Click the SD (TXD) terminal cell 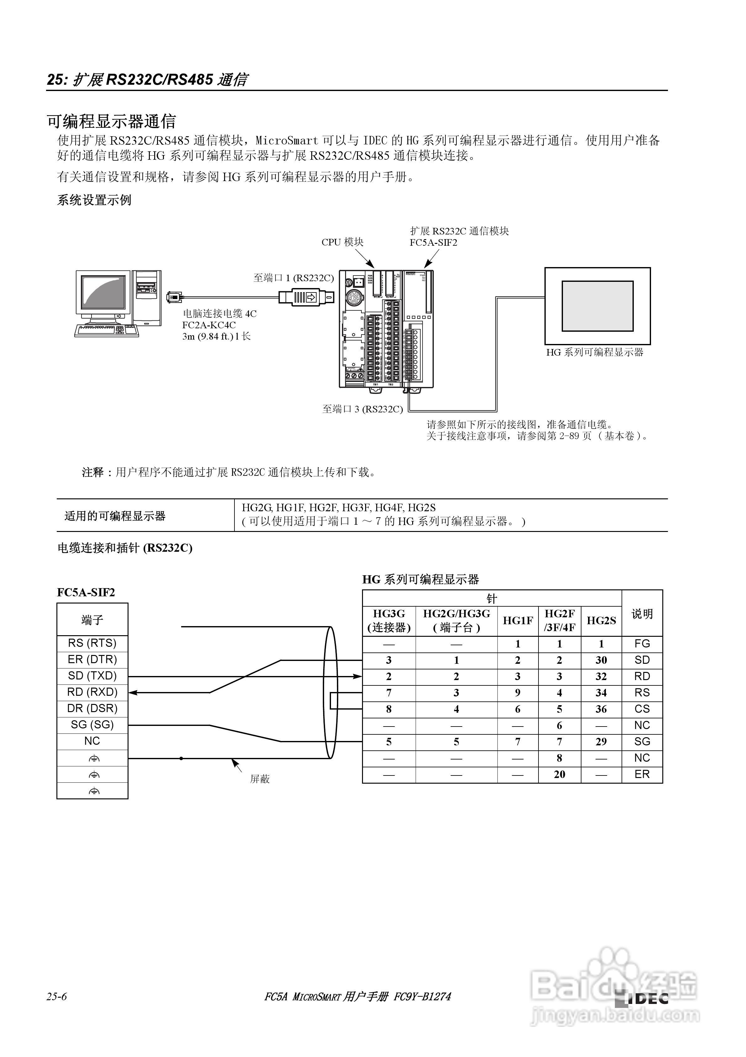pyautogui.click(x=92, y=676)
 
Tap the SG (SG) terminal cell pyautogui.click(x=92, y=725)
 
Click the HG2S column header pyautogui.click(x=601, y=620)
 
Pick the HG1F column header pyautogui.click(x=517, y=620)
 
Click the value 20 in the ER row pyautogui.click(x=559, y=774)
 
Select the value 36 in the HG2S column pyautogui.click(x=601, y=709)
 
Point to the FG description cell pyautogui.click(x=642, y=644)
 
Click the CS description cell pyautogui.click(x=642, y=709)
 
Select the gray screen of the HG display pyautogui.click(x=597, y=306)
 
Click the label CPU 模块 pyautogui.click(x=342, y=242)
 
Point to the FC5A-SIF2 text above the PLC pyautogui.click(x=433, y=243)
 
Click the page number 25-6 pyautogui.click(x=56, y=997)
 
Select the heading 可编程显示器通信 pyautogui.click(x=112, y=121)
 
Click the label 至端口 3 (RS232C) pyautogui.click(x=362, y=409)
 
